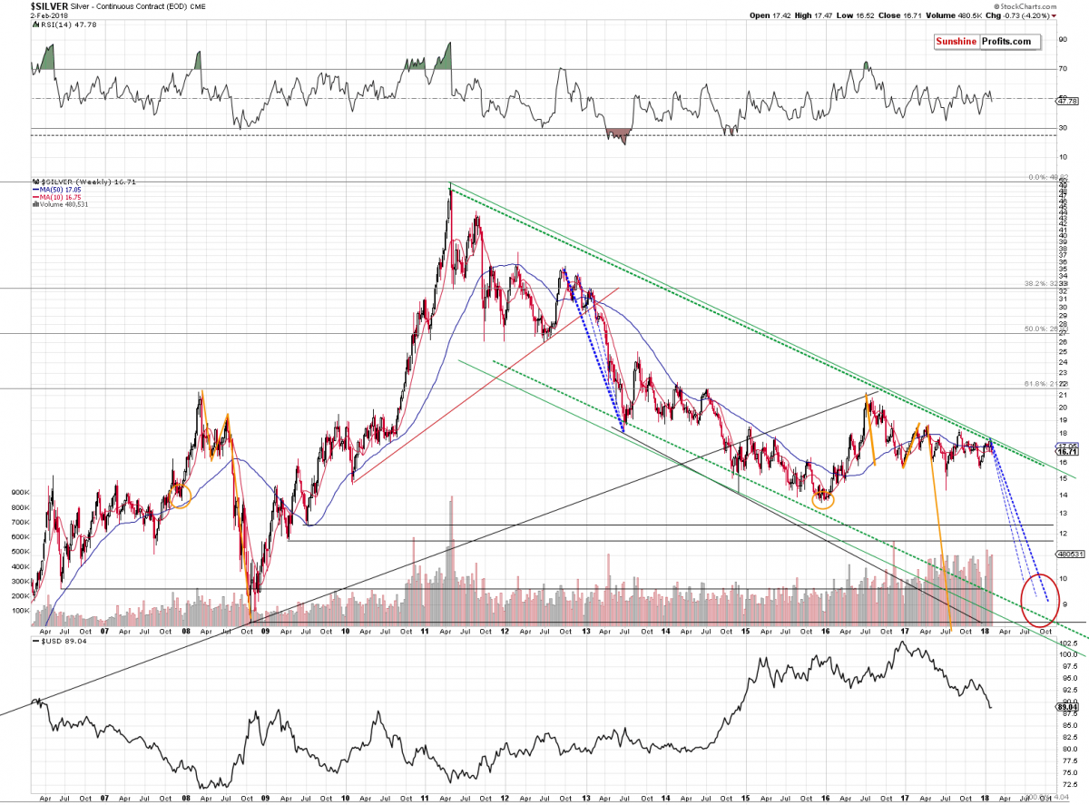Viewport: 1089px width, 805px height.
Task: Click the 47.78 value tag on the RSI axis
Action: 1066,101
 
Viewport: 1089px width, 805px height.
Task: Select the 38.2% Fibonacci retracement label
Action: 1040,285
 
